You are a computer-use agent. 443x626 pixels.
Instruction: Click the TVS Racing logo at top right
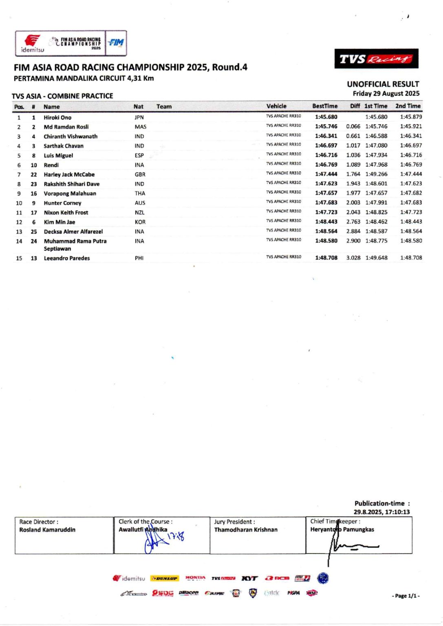376,59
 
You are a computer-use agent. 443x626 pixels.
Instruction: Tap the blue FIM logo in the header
116,42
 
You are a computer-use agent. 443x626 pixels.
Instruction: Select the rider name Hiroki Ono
57,117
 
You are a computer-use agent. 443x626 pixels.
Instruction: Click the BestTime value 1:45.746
326,126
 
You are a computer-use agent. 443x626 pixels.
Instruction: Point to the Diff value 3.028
353,258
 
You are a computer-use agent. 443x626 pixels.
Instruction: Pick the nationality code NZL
140,212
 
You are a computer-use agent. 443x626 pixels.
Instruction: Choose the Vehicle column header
276,106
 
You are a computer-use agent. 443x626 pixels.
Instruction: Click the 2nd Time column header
408,106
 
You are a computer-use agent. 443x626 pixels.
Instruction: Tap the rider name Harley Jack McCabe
69,174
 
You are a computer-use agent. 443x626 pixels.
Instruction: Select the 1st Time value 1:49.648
376,258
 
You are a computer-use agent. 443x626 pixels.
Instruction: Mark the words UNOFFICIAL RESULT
383,84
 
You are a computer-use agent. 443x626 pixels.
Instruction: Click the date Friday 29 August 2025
386,93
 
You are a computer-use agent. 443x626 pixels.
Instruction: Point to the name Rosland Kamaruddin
47,530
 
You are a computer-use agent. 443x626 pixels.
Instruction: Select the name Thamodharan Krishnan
246,530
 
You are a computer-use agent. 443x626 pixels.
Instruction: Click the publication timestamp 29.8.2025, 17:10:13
381,512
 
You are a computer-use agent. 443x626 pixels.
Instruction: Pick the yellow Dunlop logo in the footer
164,578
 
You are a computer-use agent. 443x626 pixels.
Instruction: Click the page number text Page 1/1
406,596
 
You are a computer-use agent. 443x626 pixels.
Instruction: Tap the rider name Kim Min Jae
60,222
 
